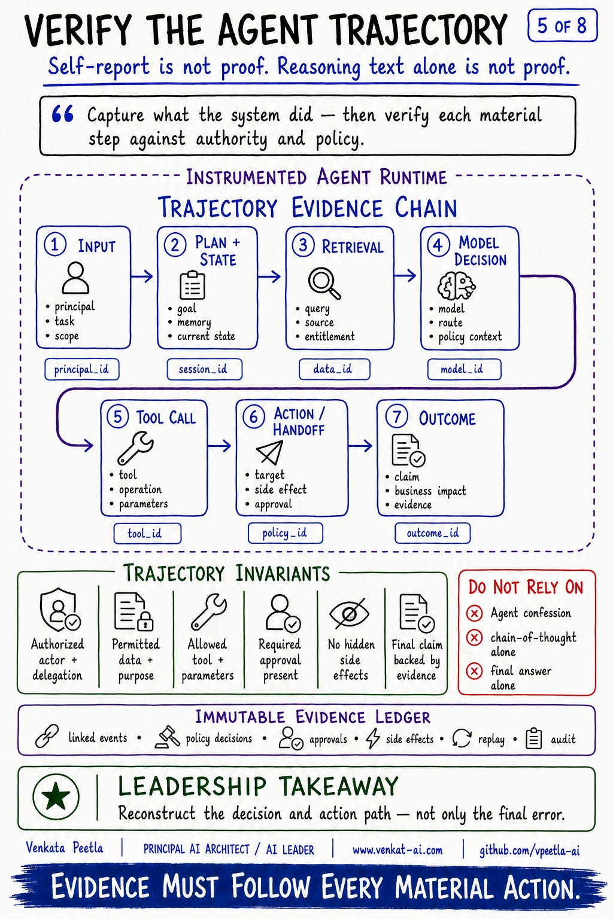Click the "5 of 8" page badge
coord(562,26)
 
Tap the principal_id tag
coord(81,369)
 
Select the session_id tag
coord(204,369)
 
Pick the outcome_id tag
coord(432,533)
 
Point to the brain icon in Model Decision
coord(456,287)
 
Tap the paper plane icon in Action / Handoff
coord(270,452)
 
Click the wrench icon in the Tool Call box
coord(135,448)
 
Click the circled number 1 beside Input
coord(55,245)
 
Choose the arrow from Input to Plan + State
coord(142,276)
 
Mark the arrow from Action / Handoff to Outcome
coord(360,446)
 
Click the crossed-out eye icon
coord(349,613)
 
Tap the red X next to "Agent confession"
coord(474,613)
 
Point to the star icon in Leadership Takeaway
coord(56,796)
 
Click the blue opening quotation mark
coord(63,114)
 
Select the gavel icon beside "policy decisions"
coord(167,738)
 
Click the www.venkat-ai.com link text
coord(397,850)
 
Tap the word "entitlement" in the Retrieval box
coord(329,336)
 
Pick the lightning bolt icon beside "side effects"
coord(373,738)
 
